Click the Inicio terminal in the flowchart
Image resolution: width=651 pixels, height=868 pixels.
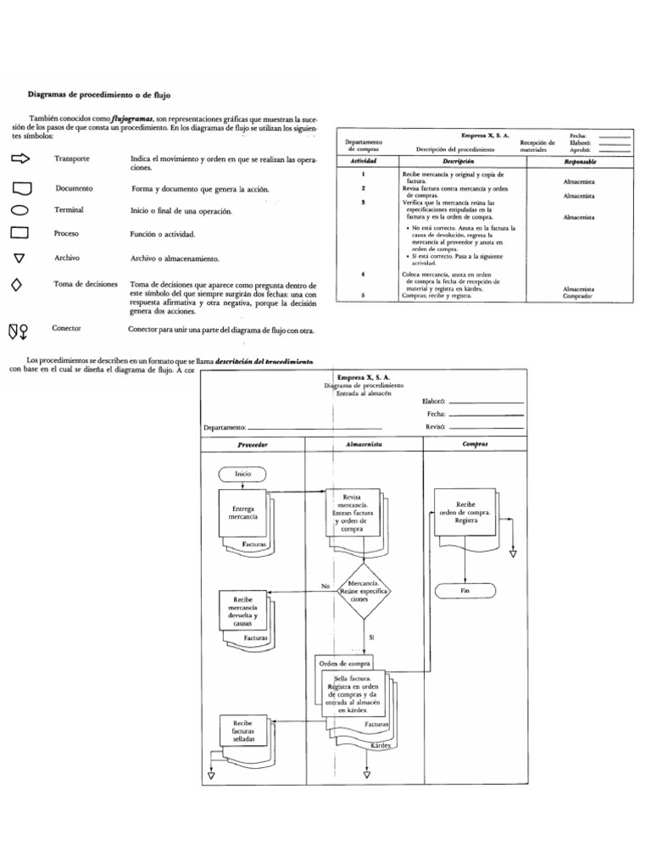point(243,475)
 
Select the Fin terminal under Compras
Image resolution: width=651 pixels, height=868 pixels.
point(465,590)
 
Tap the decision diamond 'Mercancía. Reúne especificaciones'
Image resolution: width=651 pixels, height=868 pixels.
point(364,591)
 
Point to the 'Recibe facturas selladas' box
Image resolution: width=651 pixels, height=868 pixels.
point(238,732)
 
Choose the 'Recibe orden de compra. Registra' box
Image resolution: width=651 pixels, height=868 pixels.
point(466,511)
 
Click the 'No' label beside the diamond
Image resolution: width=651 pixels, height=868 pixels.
point(325,586)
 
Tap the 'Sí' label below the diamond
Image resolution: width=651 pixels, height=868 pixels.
point(371,636)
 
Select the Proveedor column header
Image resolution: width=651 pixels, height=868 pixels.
point(253,444)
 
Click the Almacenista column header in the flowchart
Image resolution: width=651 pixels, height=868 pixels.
point(364,444)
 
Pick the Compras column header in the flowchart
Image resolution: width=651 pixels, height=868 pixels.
point(475,444)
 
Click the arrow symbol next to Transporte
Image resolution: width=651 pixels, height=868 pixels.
point(21,159)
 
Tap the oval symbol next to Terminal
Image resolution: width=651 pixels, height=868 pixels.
point(20,209)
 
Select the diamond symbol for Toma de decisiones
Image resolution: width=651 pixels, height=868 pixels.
point(16,285)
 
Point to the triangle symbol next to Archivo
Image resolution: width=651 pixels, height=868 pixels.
point(19,258)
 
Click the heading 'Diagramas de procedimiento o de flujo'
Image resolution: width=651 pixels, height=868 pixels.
point(105,96)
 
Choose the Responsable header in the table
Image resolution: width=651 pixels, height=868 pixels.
point(579,160)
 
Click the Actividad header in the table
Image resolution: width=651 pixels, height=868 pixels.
point(363,160)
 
